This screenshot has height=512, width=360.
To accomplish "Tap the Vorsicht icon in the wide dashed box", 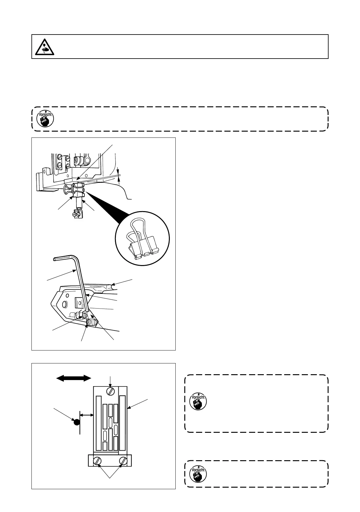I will click(45, 119).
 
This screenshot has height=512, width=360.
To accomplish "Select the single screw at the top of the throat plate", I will click(110, 391).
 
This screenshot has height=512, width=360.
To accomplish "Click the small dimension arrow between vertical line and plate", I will click(87, 415).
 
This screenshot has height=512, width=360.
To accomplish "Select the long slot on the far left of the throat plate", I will click(98, 423).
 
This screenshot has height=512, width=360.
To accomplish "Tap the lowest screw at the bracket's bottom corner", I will click(89, 322).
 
